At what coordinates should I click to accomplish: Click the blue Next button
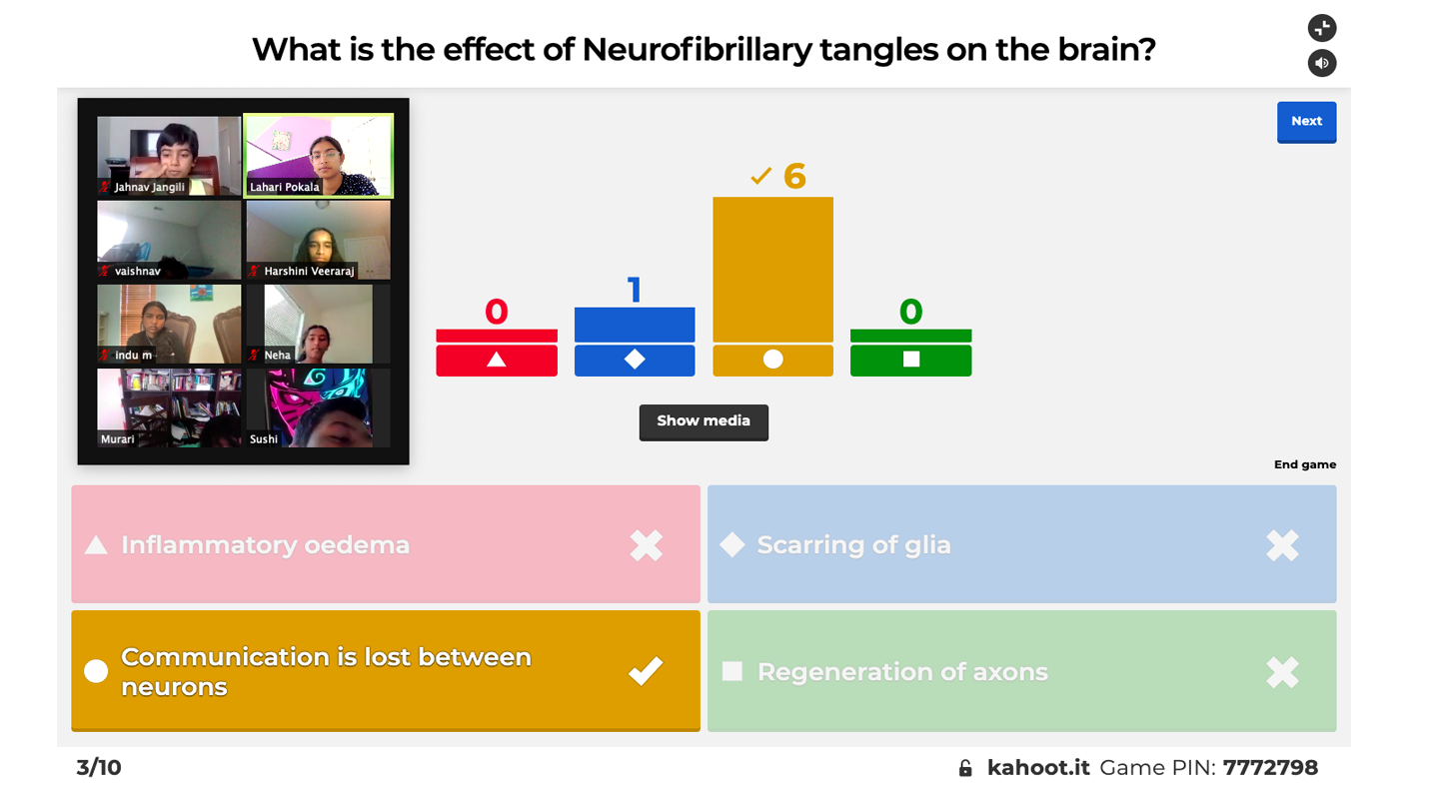coord(1306,122)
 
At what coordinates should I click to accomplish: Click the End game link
coord(1304,464)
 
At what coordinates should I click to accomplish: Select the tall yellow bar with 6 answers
coord(772,269)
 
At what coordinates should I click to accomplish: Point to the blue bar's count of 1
coord(634,291)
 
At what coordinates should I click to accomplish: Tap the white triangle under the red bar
coord(497,360)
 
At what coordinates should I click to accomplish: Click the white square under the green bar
coord(910,360)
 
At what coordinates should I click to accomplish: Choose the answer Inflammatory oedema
coord(265,545)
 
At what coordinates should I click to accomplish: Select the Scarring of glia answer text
coord(853,545)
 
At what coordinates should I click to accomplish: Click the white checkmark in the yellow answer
coord(646,671)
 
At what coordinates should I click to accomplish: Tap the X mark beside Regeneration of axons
coord(1282,672)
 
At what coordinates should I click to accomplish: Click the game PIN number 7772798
coord(1270,768)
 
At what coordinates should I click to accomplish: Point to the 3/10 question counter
coord(99,768)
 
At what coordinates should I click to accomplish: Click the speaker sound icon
coord(1322,63)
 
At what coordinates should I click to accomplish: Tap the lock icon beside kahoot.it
coord(965,768)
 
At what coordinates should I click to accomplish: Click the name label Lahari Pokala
coord(285,187)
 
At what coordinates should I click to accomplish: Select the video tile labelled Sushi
coord(318,407)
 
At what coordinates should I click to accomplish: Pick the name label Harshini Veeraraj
coord(309,271)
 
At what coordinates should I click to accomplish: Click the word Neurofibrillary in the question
coord(697,49)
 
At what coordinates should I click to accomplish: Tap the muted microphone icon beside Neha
coord(254,355)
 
